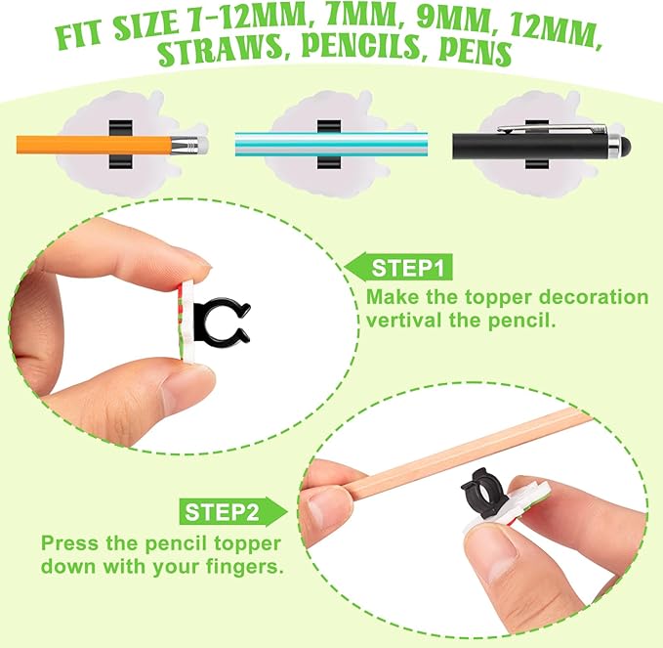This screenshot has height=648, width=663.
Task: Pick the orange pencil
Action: [x=112, y=145]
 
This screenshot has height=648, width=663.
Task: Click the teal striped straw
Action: [x=331, y=144]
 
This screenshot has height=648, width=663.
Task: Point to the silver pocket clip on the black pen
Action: [x=552, y=128]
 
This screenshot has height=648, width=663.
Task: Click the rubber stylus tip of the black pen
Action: [x=624, y=145]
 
